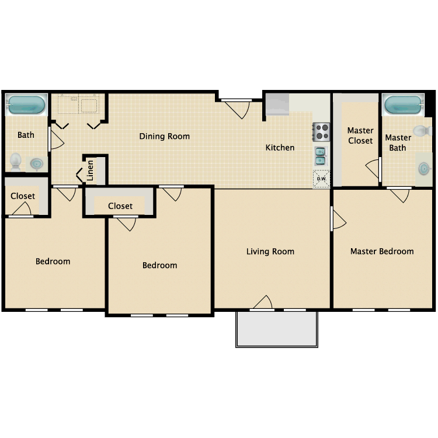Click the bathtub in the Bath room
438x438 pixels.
pyautogui.click(x=26, y=106)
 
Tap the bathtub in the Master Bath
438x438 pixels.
pyautogui.click(x=403, y=106)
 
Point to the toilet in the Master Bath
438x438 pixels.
pyautogui.click(x=420, y=130)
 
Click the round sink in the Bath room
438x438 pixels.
pyautogui.click(x=37, y=164)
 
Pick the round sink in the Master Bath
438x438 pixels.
pyautogui.click(x=424, y=169)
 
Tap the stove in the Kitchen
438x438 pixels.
pyautogui.click(x=321, y=131)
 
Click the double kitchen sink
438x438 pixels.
pyautogui.click(x=321, y=155)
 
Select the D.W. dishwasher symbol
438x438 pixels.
pyautogui.click(x=321, y=178)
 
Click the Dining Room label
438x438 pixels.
pyautogui.click(x=164, y=137)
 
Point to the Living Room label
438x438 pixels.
pyautogui.click(x=270, y=252)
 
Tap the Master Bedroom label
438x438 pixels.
pyautogui.click(x=382, y=252)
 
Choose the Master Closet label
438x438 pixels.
pyautogui.click(x=360, y=135)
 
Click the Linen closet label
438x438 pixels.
pyautogui.click(x=90, y=170)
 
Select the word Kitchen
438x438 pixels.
pyautogui.click(x=280, y=148)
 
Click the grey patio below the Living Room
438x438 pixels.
pyautogui.click(x=277, y=329)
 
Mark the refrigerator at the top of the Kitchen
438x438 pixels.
pyautogui.click(x=277, y=105)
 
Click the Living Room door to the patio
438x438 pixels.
pyautogui.click(x=263, y=303)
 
